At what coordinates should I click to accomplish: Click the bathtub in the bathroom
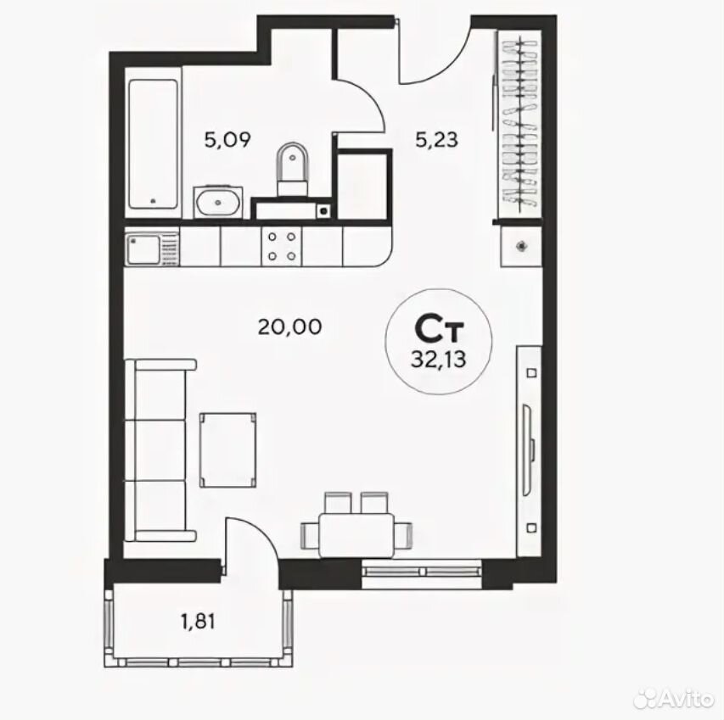coord(154,144)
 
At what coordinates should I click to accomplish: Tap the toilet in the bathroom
coord(292,169)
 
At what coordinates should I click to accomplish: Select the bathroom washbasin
coord(218,202)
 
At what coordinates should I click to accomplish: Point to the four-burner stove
coord(282,247)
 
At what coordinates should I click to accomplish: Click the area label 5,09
coord(227,139)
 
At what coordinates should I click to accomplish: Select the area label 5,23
coord(436,139)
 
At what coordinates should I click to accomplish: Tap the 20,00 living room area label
coord(289,327)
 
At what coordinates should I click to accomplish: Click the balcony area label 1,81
coord(198,622)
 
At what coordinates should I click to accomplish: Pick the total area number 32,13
coord(439,359)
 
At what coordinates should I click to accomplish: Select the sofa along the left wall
coord(160,450)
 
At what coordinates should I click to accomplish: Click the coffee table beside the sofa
coord(228,449)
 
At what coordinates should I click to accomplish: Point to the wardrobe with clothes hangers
coord(519,125)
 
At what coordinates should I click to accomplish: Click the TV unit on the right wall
coord(529,450)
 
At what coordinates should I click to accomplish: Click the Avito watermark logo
coord(674,700)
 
